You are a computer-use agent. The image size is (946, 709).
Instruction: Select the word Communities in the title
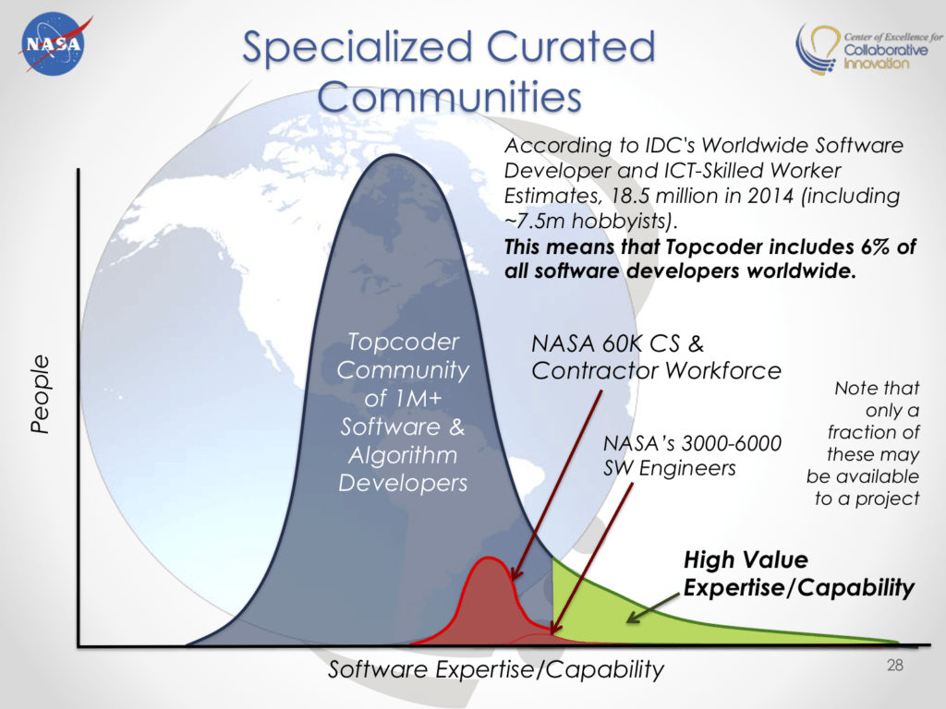pos(450,96)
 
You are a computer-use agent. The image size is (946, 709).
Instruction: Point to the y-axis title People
pos(40,393)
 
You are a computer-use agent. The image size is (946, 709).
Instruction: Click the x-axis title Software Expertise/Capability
pos(496,669)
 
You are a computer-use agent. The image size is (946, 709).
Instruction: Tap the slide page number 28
pos(894,665)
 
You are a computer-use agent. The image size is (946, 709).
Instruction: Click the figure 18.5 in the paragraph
pos(630,196)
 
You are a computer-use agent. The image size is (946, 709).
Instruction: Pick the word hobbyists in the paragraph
pos(621,222)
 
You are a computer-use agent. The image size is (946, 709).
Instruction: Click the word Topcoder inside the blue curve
pos(403,342)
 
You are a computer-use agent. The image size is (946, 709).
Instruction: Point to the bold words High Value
pos(746,559)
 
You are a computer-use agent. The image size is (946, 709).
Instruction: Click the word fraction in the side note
pos(873,432)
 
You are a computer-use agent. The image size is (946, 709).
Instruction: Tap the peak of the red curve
pos(488,559)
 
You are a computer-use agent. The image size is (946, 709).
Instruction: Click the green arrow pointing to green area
pos(654,607)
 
